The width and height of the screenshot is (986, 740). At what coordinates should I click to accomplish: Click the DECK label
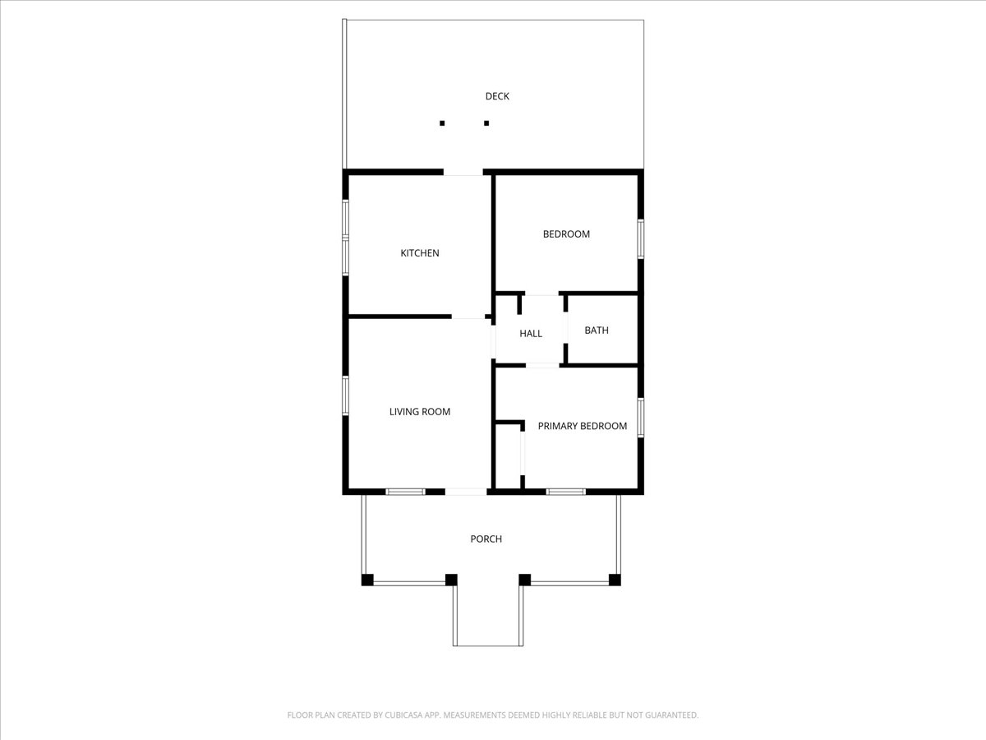coord(497,96)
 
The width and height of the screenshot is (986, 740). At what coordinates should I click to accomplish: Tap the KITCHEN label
coord(420,253)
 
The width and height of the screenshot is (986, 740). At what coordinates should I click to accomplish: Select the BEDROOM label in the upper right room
coord(566,234)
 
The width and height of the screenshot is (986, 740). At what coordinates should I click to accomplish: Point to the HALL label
coord(531,333)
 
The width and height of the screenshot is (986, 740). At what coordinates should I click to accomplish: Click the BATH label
coord(597,331)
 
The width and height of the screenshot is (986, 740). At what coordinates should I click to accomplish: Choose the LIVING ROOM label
coord(420,412)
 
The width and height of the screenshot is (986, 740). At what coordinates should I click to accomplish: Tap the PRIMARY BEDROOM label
coord(583,426)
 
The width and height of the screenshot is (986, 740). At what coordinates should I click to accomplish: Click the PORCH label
coord(486,539)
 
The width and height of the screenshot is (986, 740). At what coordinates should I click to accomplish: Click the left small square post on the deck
coord(442,123)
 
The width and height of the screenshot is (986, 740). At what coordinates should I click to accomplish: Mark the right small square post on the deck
coord(486,123)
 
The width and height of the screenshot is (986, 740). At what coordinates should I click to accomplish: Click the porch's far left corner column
coord(367,580)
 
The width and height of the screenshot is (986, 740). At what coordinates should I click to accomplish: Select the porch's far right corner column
coord(615,580)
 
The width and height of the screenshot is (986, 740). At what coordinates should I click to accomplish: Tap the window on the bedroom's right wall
coord(641,239)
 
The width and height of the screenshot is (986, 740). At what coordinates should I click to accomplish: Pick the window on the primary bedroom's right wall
coord(641,418)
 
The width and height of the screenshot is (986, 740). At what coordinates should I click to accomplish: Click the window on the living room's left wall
coord(345,395)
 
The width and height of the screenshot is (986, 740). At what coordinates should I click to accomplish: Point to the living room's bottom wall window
coord(405,492)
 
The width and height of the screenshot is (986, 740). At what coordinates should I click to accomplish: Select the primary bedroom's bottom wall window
coord(565,492)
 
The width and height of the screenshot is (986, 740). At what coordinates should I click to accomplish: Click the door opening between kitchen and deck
coord(463,173)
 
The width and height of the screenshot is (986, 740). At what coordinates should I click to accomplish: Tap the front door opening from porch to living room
coord(466,492)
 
